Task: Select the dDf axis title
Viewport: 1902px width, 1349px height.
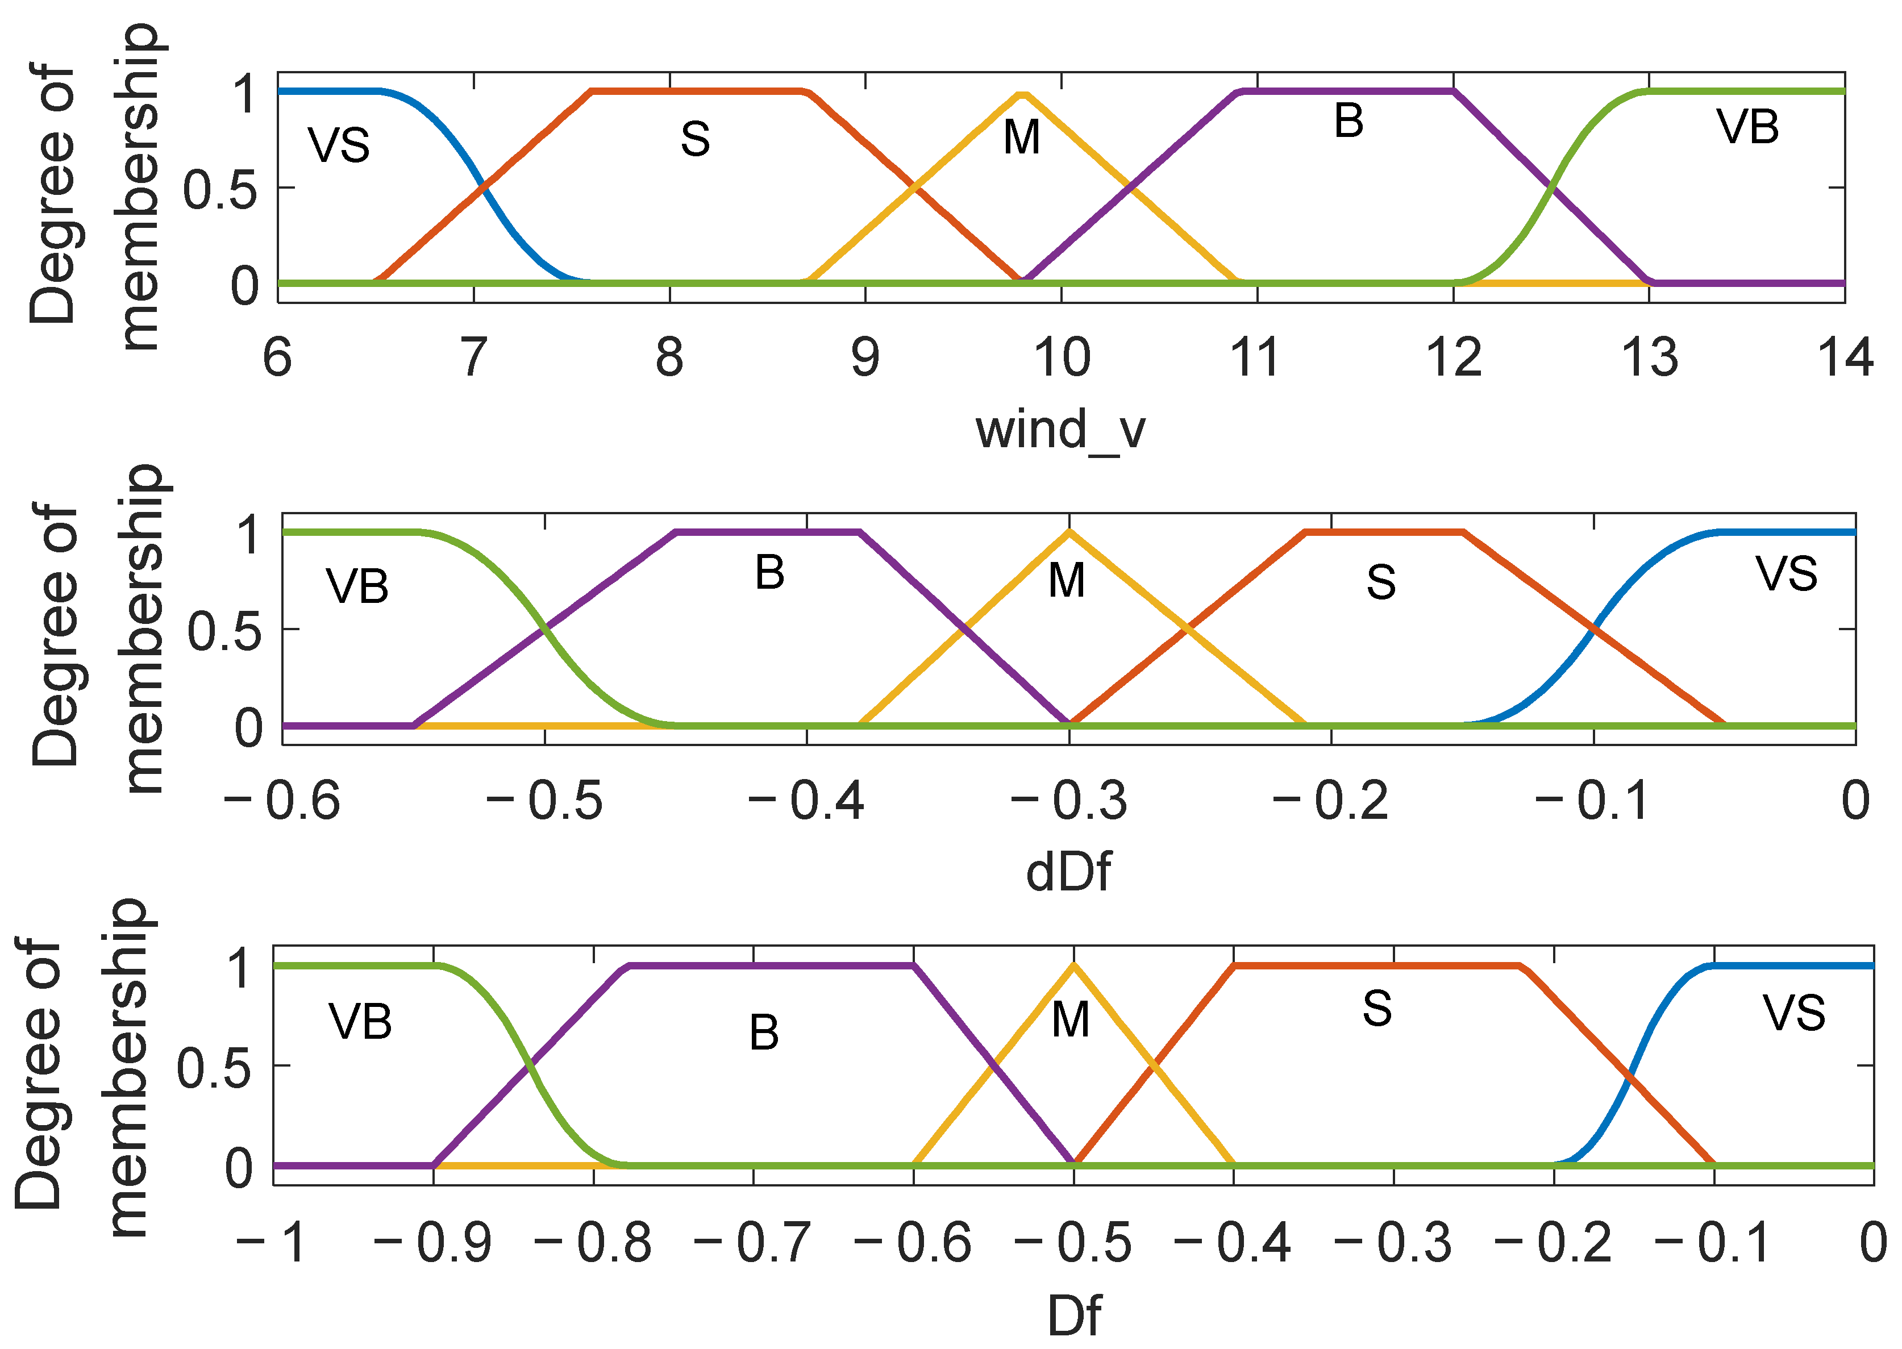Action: point(1068,872)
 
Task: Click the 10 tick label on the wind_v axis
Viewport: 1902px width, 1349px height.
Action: point(1062,357)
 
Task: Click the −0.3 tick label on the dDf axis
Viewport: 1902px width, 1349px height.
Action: point(1069,801)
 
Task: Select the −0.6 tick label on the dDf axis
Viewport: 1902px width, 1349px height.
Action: point(282,801)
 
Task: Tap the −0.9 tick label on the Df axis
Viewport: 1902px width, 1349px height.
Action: point(432,1243)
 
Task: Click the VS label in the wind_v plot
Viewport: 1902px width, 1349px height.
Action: point(339,145)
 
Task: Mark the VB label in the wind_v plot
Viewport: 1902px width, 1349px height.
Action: point(1747,127)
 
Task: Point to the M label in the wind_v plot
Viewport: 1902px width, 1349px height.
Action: point(1022,137)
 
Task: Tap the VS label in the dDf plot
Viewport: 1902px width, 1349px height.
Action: point(1786,573)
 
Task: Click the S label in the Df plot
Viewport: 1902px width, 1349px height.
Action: point(1377,1009)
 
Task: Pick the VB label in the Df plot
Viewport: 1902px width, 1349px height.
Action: point(360,1021)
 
